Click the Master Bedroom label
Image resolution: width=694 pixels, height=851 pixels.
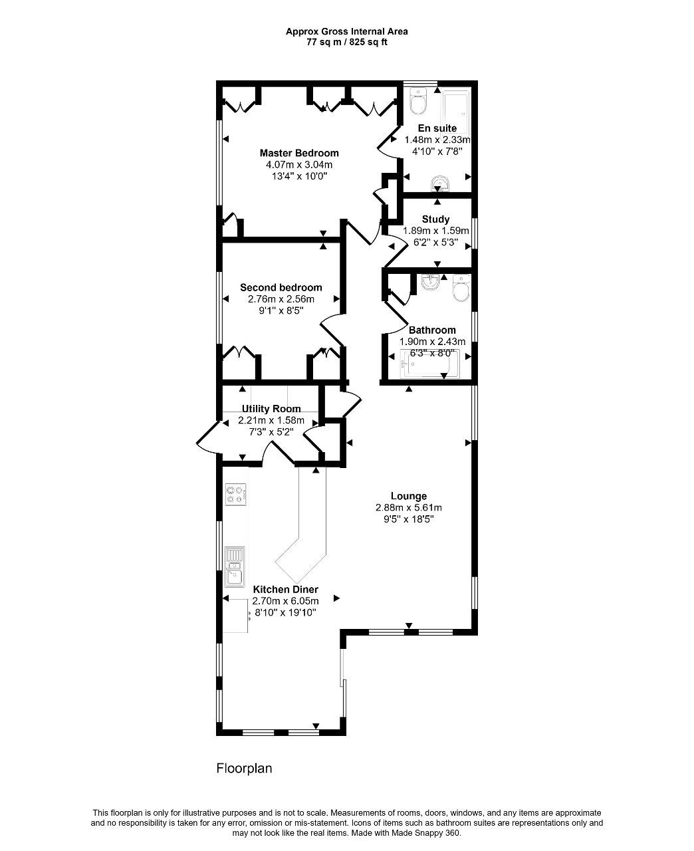pos(299,153)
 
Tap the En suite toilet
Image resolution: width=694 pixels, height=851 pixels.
pos(417,101)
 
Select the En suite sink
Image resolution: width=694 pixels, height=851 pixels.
pos(439,183)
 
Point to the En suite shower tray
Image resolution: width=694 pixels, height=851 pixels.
pos(456,112)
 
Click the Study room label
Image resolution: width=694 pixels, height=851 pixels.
pos(435,219)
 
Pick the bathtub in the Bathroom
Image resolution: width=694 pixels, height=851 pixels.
pos(429,364)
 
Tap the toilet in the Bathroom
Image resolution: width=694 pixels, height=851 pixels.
pos(461,288)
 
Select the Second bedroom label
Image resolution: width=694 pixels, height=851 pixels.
pos(281,287)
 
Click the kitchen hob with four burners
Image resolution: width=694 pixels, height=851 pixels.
pos(235,494)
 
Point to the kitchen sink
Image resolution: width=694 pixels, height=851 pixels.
pos(235,567)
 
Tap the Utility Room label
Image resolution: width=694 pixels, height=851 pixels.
pos(271,409)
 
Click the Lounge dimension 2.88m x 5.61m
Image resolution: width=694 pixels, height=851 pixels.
pos(408,507)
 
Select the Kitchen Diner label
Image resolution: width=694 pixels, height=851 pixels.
pos(286,589)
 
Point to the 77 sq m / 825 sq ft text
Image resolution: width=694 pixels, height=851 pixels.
pos(347,42)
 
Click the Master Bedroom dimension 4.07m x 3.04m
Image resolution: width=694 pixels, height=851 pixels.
pos(299,165)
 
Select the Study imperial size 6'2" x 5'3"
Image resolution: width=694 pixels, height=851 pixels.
pos(435,242)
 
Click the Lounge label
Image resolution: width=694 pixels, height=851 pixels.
pos(408,496)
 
